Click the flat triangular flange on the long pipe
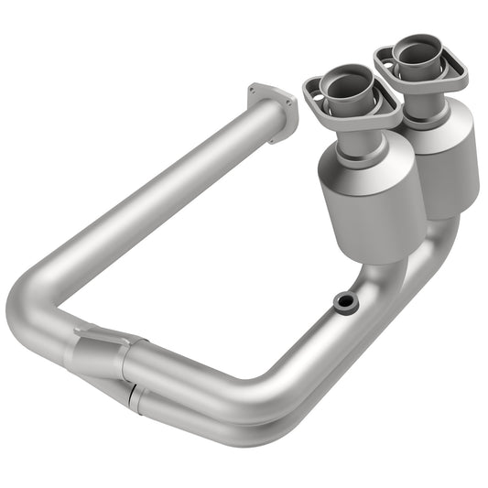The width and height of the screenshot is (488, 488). [272, 111]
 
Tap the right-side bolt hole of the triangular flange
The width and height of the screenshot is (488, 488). [292, 103]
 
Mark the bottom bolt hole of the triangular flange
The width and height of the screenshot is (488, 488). [277, 137]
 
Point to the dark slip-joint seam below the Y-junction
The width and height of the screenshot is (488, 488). [133, 395]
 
